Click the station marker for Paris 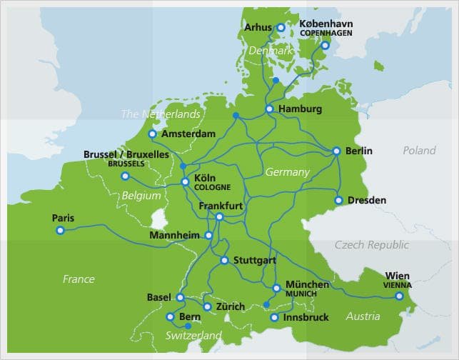point(60,230)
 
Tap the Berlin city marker point(336,151)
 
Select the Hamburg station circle point(269,109)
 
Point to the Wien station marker point(399,296)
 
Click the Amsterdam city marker point(152,134)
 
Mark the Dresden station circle point(339,200)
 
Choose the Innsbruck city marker point(274,317)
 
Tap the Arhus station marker point(281,28)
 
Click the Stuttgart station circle point(224,261)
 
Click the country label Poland point(419,151)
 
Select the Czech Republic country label point(372,245)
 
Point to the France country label point(79,279)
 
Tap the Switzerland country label point(193,336)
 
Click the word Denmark point(271,51)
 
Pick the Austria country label point(363,316)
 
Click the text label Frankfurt point(221,206)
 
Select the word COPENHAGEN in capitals point(326,33)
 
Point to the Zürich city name point(230,306)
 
